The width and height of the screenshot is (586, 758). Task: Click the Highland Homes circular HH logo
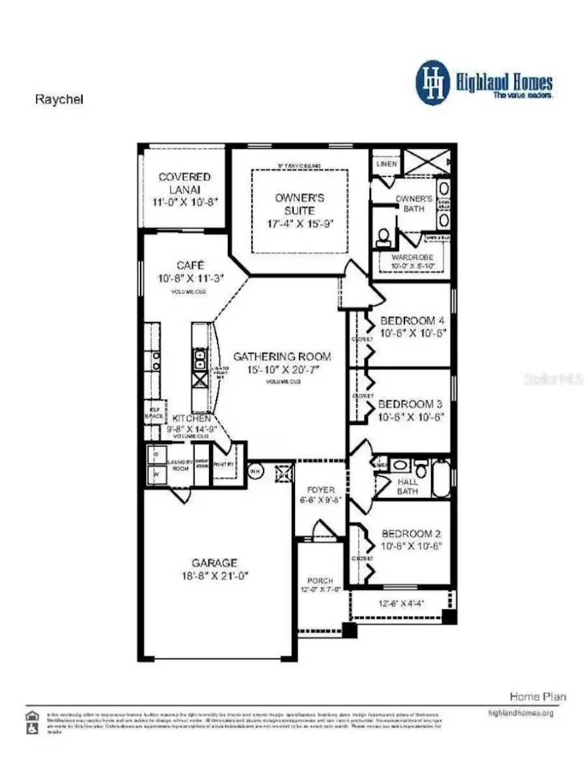[x=433, y=83]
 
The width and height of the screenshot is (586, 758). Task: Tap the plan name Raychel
[x=59, y=100]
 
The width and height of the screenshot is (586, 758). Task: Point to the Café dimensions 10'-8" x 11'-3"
[x=191, y=278]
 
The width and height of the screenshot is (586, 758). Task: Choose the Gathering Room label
[x=282, y=357]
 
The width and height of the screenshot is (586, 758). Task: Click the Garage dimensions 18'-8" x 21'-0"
[x=215, y=576]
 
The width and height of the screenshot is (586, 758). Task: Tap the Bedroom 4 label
[x=412, y=321]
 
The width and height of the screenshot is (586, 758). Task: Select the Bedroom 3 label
[x=411, y=403]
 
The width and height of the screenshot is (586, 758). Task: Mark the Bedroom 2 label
[x=412, y=533]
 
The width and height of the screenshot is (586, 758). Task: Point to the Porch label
[x=320, y=580]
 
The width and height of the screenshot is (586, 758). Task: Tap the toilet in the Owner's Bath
[x=384, y=235]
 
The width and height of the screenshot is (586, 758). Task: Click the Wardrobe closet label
[x=412, y=257]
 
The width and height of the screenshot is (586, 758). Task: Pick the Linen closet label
[x=386, y=164]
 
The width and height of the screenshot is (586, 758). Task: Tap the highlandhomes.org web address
[x=520, y=713]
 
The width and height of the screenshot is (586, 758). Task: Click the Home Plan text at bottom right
[x=537, y=697]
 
